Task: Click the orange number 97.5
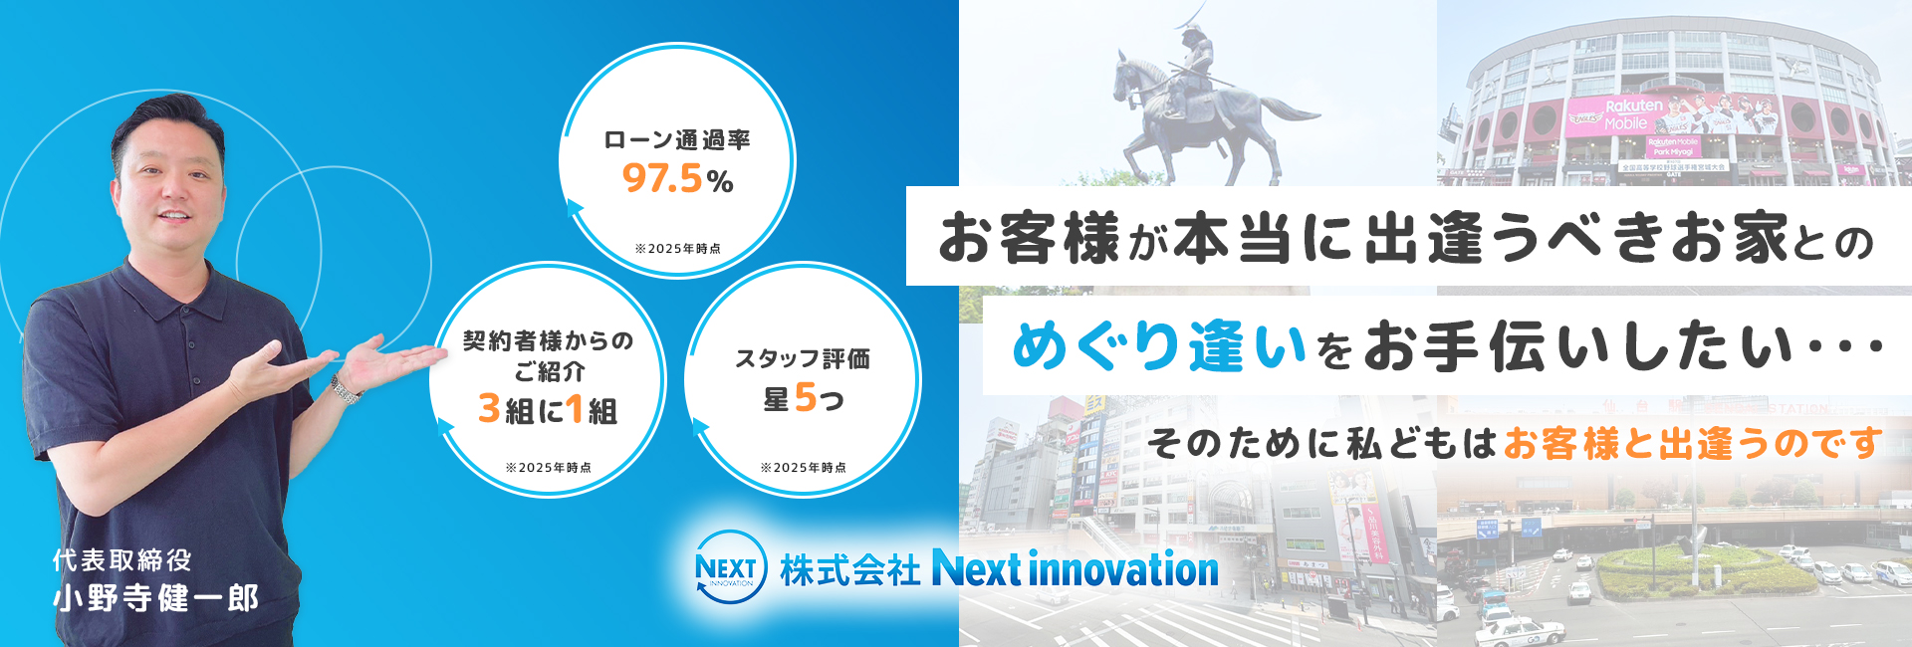pyautogui.click(x=663, y=179)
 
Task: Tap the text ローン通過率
pyautogui.click(x=677, y=140)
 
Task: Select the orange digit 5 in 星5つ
pyautogui.click(x=805, y=398)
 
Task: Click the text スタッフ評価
pyautogui.click(x=803, y=358)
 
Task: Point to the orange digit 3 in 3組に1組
pyautogui.click(x=489, y=409)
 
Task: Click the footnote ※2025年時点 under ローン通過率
pyautogui.click(x=677, y=249)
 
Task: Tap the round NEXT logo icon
pyautogui.click(x=730, y=568)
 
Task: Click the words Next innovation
pyautogui.click(x=1075, y=569)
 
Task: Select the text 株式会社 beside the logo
pyautogui.click(x=849, y=570)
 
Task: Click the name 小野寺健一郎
pyautogui.click(x=156, y=598)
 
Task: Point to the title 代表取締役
pyautogui.click(x=122, y=560)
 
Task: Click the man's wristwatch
pyautogui.click(x=346, y=389)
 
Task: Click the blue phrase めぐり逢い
pyautogui.click(x=1158, y=347)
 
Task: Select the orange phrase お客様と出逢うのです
pyautogui.click(x=1692, y=443)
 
